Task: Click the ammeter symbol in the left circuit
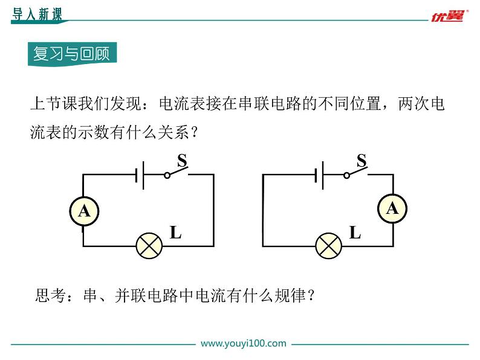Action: [84, 211]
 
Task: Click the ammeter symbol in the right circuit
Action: [392, 208]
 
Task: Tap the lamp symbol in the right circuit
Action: [328, 246]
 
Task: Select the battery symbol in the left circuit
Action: [140, 175]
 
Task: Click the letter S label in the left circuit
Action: [181, 160]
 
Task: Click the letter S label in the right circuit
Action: [362, 160]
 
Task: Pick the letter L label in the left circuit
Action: [175, 232]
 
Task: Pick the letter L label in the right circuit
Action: [355, 232]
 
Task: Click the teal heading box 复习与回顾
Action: [71, 54]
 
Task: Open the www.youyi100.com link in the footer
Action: [243, 343]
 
